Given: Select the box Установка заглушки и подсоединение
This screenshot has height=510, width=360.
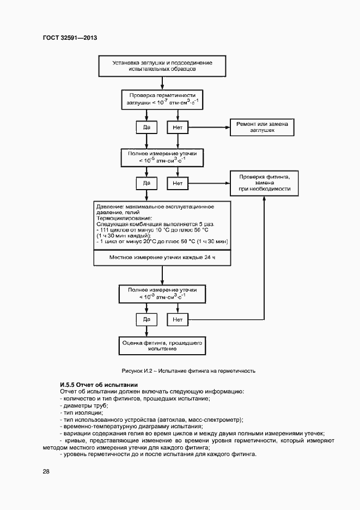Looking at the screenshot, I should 162,66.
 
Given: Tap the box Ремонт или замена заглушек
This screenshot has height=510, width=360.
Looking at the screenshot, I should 263,127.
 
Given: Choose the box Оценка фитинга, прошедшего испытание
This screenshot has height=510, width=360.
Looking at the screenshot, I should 162,344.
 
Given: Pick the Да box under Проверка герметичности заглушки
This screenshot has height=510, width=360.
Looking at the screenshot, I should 147,127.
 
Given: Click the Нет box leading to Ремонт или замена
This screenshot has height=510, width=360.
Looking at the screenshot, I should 178,127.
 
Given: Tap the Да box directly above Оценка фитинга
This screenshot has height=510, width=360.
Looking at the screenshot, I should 147,318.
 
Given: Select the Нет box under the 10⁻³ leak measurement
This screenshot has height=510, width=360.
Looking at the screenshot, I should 178,318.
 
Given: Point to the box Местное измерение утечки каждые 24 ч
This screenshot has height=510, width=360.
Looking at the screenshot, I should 162,257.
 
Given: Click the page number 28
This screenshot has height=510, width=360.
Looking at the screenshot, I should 46,471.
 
